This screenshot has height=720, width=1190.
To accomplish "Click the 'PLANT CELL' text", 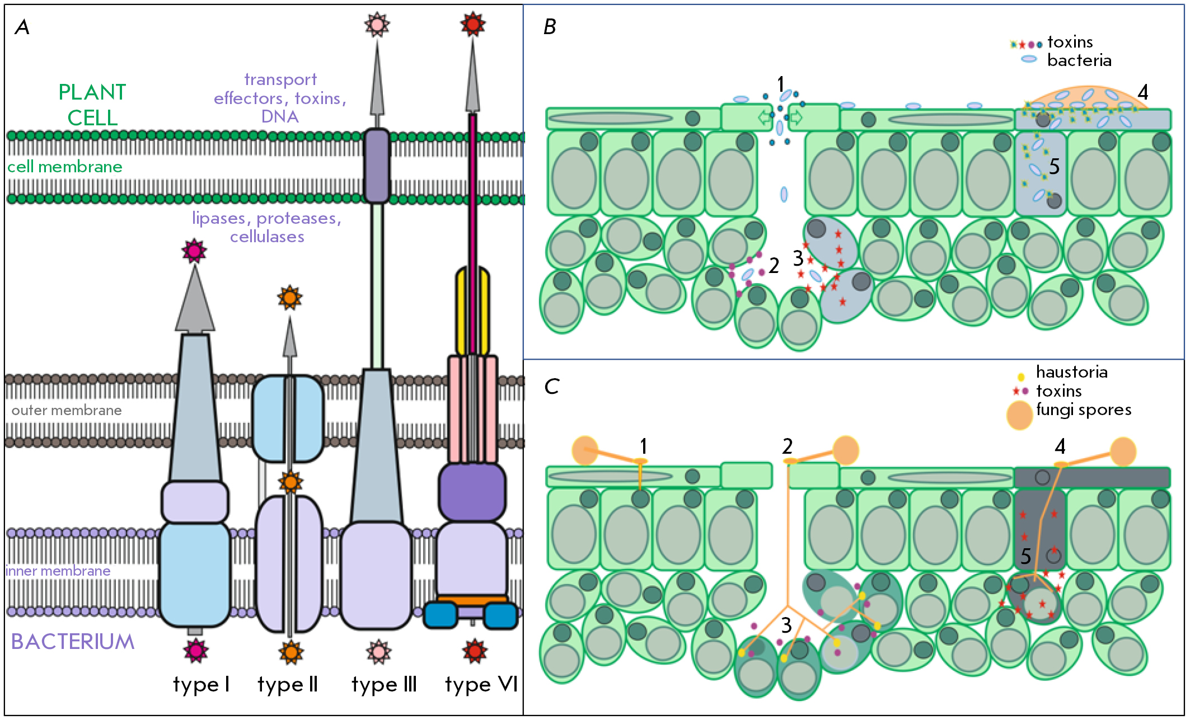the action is tap(92, 105).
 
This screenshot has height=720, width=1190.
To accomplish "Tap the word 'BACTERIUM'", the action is tap(73, 642).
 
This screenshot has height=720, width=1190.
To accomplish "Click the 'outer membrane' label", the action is tap(67, 410).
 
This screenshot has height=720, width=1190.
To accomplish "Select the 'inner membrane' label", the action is tap(58, 571).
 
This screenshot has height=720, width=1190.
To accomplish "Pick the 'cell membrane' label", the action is tap(65, 166).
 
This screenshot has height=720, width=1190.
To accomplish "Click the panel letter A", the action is tap(22, 27).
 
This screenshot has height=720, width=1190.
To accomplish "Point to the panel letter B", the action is tap(550, 27).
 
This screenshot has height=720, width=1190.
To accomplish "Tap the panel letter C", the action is tap(551, 386).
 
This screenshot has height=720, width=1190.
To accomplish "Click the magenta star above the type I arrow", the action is tap(194, 251).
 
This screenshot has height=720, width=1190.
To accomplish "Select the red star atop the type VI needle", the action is tap(473, 24).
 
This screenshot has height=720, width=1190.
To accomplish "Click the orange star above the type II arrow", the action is tap(290, 298).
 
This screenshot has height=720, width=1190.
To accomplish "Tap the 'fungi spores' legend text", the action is tap(1084, 410).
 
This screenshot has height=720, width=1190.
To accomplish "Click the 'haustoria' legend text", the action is tap(1072, 372).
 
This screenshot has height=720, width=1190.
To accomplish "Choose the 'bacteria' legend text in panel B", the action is tap(1079, 60).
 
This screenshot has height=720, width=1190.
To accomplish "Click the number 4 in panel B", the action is tap(1143, 92).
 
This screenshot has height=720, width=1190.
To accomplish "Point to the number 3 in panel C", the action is tap(786, 625).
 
